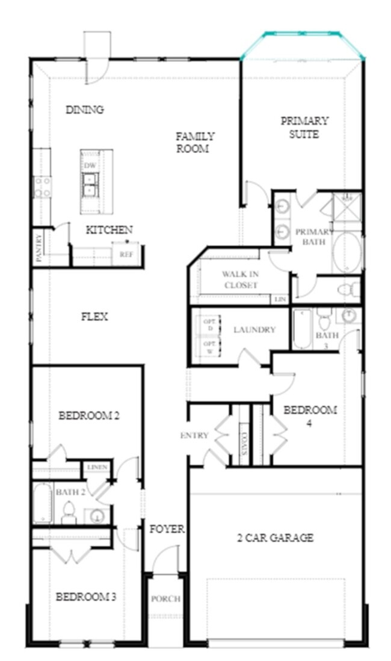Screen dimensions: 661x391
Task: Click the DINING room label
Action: (85, 110)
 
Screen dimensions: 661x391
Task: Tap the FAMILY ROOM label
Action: (195, 142)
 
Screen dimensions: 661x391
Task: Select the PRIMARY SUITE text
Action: (304, 127)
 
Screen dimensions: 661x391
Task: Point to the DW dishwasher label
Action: (90, 165)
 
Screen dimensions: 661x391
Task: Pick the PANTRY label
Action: (39, 249)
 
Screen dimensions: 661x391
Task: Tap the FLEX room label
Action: (94, 317)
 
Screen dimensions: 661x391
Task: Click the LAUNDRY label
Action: (254, 329)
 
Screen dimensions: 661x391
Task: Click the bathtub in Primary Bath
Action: (348, 252)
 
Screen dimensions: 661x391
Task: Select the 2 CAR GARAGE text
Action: (275, 538)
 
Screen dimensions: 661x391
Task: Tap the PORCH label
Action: (165, 599)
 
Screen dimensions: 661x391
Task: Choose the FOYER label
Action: (167, 529)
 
